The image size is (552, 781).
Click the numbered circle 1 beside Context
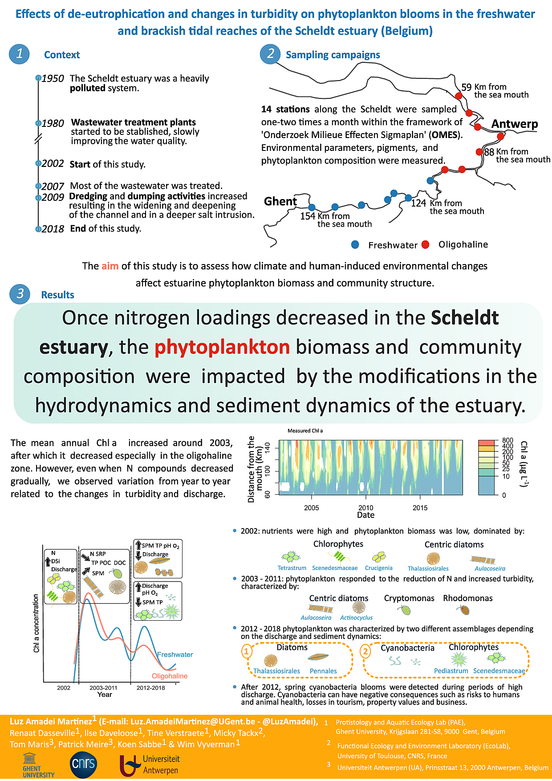[x=19, y=54]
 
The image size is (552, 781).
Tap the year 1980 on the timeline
[x=53, y=123]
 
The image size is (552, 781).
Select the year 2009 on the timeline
[x=53, y=197]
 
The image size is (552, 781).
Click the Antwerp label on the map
[x=514, y=124]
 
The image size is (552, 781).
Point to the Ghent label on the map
[x=280, y=201]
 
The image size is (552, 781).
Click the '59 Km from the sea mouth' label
[x=494, y=91]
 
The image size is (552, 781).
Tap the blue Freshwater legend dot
[x=355, y=244]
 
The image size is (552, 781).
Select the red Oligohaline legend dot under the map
[x=425, y=244]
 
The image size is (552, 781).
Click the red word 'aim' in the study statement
[x=110, y=266]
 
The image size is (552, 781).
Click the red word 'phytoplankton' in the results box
[x=222, y=347]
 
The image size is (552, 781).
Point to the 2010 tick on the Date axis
[x=365, y=508]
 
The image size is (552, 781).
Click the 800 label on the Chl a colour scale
[x=507, y=440]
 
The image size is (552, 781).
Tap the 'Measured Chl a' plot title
[x=305, y=431]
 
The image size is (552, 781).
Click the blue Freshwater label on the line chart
[x=175, y=655]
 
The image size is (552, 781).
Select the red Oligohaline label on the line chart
[x=170, y=676]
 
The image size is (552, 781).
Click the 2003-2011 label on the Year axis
[x=103, y=687]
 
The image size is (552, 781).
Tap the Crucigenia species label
[x=378, y=568]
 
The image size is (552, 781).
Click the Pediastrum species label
[x=451, y=671]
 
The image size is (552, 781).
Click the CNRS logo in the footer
[x=83, y=764]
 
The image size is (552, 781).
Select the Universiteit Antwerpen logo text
[x=161, y=765]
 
